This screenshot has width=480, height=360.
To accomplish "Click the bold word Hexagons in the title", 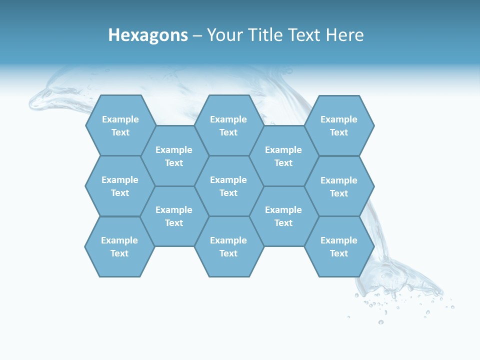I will pos(148,35).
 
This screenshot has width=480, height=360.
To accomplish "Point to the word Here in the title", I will pos(345,35).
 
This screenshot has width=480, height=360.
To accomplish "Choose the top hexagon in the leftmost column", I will pos(120,125).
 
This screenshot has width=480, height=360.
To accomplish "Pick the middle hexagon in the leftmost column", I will pos(120,186).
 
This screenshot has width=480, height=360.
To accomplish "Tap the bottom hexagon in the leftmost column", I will pos(119,246).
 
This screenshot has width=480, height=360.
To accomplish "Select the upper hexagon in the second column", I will pos(174,156).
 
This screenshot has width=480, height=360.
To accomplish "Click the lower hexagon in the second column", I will pos(174,216).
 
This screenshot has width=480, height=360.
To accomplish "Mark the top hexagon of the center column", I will pos(228,125).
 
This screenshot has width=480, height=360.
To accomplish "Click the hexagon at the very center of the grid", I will pos(228,186).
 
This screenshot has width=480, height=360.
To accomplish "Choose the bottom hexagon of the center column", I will pos(228,246).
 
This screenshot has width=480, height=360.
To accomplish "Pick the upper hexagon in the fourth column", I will pos(283,156).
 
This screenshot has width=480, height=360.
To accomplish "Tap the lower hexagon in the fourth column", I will pos(283,216).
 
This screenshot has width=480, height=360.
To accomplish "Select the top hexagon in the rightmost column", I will pos(339,125).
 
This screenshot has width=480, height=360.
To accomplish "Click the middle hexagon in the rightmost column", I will pos(339,186).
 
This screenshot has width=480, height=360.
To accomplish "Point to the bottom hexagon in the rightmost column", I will pos(339,246).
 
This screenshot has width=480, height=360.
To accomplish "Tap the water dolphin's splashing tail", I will pos(400,280).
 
